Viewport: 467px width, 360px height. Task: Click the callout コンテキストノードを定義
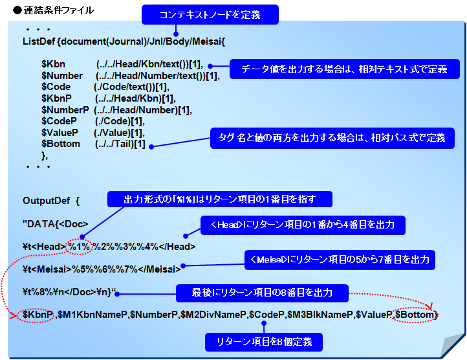(x=210, y=14)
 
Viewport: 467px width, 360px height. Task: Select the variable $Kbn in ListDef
(x=52, y=65)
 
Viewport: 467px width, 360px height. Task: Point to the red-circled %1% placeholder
(x=78, y=246)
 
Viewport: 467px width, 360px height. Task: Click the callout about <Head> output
(x=303, y=225)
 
